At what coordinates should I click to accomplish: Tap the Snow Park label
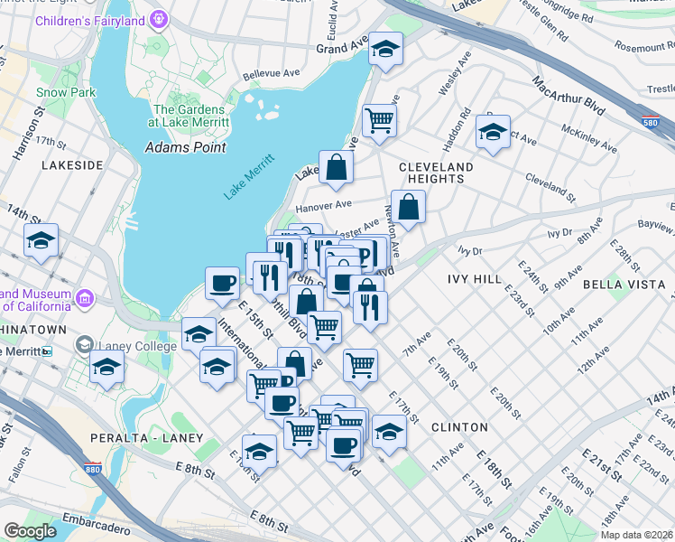pyautogui.click(x=66, y=92)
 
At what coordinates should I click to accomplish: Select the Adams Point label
pyautogui.click(x=185, y=147)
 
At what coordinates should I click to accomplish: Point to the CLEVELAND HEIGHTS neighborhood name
pyautogui.click(x=436, y=173)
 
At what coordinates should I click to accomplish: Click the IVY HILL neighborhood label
pyautogui.click(x=473, y=280)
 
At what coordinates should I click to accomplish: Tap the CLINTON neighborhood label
pyautogui.click(x=459, y=426)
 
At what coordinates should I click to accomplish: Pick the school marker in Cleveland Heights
pyautogui.click(x=493, y=132)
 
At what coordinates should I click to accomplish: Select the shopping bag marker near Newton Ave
pyautogui.click(x=408, y=206)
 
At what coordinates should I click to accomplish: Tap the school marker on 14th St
pyautogui.click(x=42, y=240)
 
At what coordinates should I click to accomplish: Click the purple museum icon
pyautogui.click(x=84, y=296)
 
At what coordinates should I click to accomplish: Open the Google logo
pyautogui.click(x=30, y=530)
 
